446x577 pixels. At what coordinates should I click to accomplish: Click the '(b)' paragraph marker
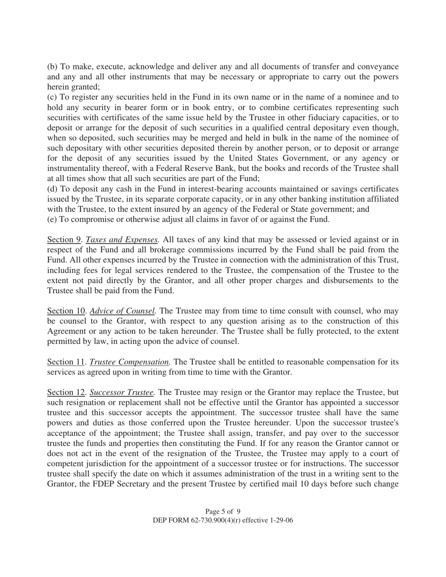53,67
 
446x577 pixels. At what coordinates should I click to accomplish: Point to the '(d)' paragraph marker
53,189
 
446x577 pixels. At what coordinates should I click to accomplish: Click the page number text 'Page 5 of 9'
223,511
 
